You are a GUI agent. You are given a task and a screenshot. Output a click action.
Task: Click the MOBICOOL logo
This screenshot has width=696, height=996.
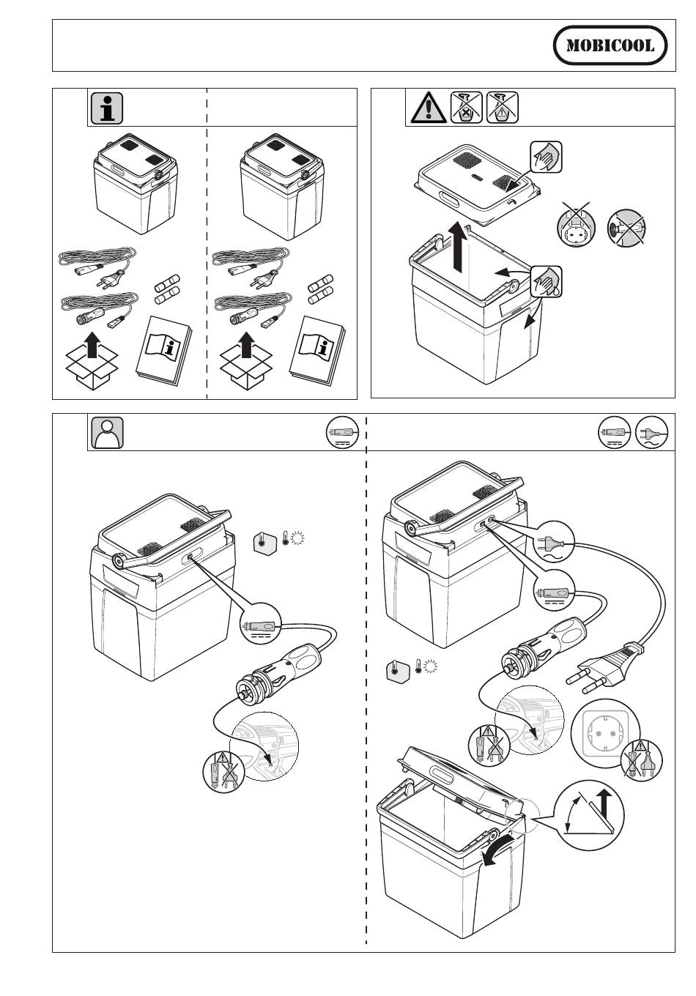pos(610,45)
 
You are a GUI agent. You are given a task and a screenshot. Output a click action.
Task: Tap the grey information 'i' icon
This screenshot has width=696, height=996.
pos(107,108)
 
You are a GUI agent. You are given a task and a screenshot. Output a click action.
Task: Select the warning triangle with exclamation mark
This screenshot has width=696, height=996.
pos(429,108)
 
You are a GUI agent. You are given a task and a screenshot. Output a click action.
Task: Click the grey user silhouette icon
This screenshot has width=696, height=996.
pos(107,433)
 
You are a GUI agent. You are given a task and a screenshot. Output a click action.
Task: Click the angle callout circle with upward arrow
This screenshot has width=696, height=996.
pos(591,815)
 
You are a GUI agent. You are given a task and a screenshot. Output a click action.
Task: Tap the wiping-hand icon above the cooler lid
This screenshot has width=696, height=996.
pos(547,157)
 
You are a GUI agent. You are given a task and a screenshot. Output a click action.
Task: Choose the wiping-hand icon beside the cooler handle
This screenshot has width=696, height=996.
pos(547,281)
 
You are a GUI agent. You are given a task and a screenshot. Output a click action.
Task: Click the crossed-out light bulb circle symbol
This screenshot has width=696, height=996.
pos(626,228)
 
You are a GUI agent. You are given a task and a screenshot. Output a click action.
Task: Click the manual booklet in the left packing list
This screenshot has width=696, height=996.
pos(163,350)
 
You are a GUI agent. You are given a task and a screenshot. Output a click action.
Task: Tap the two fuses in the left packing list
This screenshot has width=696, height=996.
pos(167,289)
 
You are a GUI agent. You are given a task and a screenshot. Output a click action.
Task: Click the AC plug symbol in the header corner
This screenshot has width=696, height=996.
pos(651,432)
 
